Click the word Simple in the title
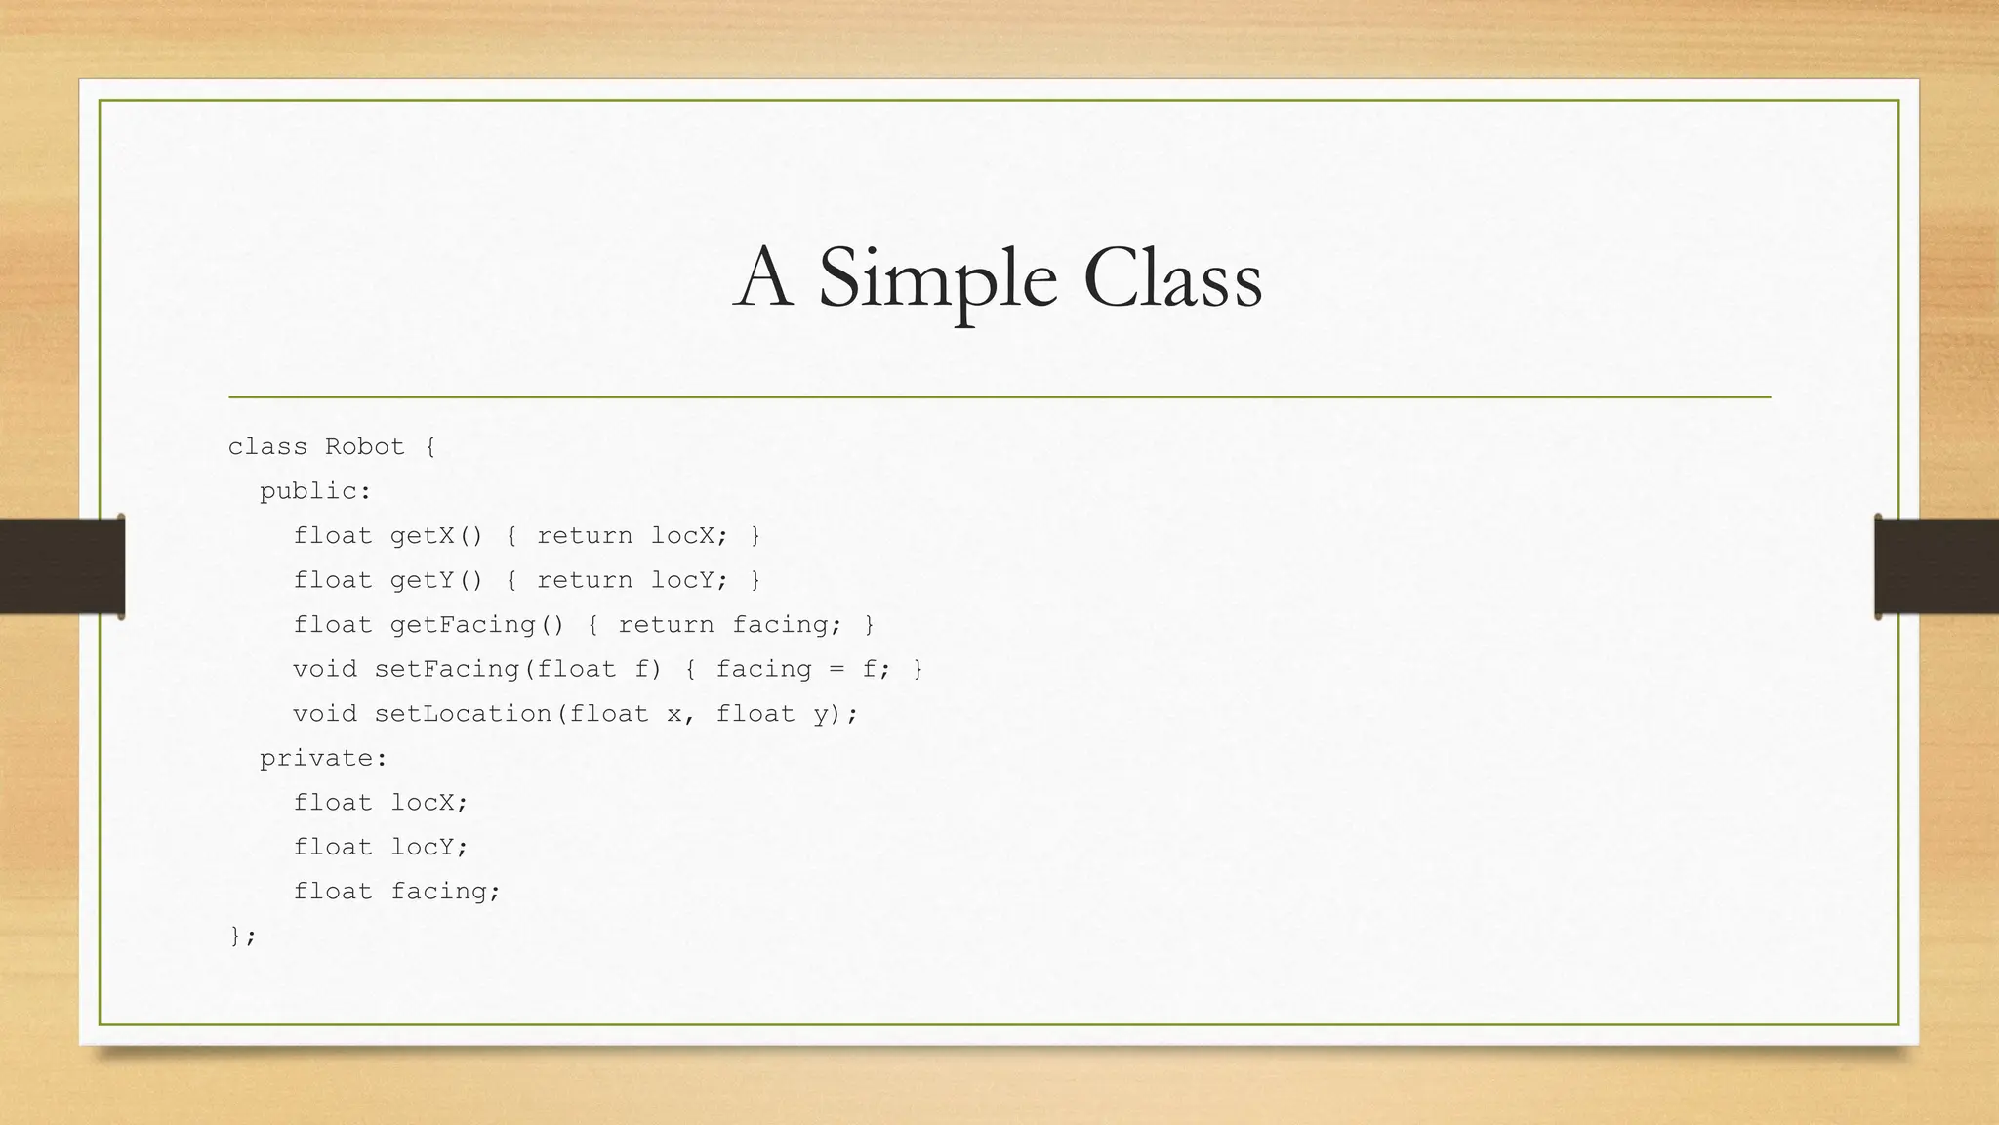(x=937, y=278)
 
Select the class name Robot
(x=364, y=447)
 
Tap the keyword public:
(x=315, y=491)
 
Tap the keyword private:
(x=323, y=758)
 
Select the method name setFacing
(x=448, y=669)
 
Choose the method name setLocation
(x=464, y=714)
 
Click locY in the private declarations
(x=429, y=847)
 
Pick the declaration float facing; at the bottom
(x=396, y=892)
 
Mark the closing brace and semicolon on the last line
(x=242, y=936)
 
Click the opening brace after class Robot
(x=429, y=447)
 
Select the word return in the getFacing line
(x=666, y=625)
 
